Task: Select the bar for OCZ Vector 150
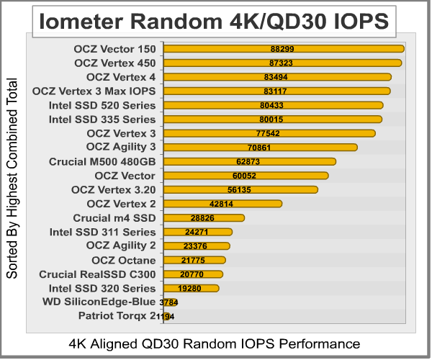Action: (284, 49)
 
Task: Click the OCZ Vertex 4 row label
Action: (120, 77)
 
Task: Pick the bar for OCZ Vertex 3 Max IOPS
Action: (277, 91)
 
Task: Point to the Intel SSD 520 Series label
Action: (102, 105)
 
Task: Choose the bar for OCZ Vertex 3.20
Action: (240, 190)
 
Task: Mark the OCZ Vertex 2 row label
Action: (120, 204)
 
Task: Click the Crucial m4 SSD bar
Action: (204, 218)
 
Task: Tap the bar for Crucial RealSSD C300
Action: (193, 274)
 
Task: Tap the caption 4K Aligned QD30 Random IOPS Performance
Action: (214, 343)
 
